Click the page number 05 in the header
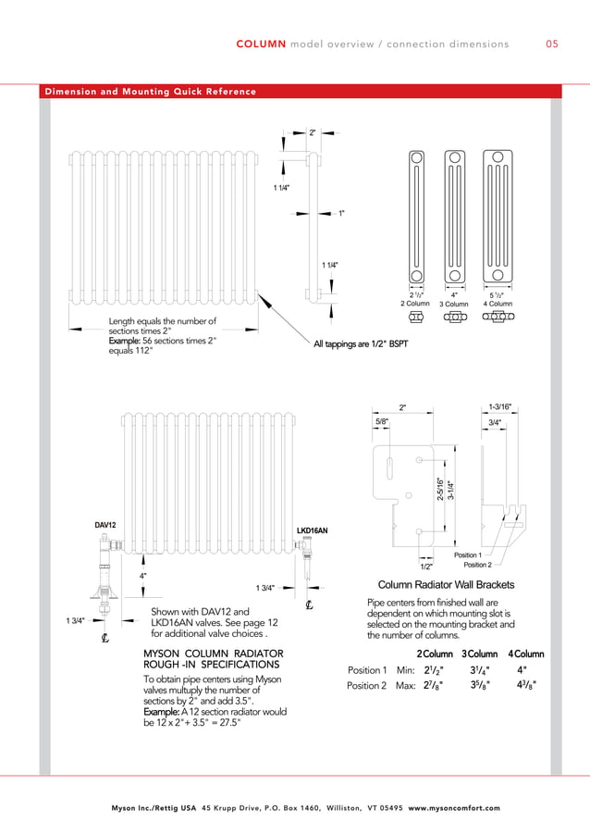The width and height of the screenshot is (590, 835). (x=551, y=44)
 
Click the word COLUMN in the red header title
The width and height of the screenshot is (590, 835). (x=261, y=44)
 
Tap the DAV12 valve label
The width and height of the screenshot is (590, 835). (x=105, y=525)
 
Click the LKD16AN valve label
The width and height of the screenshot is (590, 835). (x=312, y=530)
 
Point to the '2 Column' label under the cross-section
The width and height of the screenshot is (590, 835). (x=414, y=304)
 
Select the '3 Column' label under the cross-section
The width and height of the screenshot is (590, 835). (x=453, y=304)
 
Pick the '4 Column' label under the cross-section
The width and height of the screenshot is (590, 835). (x=498, y=304)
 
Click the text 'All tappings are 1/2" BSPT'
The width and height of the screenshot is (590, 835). (x=360, y=344)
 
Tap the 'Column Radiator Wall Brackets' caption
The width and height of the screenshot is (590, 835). (x=447, y=584)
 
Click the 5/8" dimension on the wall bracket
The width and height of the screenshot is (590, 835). (x=381, y=421)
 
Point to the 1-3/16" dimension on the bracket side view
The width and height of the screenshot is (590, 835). (x=499, y=406)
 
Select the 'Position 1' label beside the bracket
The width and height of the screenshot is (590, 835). (x=467, y=555)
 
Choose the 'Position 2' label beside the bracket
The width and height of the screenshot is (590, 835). (x=477, y=565)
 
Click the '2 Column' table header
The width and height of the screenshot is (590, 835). (x=435, y=654)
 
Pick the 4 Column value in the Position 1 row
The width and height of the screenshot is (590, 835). (x=522, y=669)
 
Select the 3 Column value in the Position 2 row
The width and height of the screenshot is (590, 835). (x=479, y=686)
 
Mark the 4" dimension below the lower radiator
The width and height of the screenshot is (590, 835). (x=143, y=576)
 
